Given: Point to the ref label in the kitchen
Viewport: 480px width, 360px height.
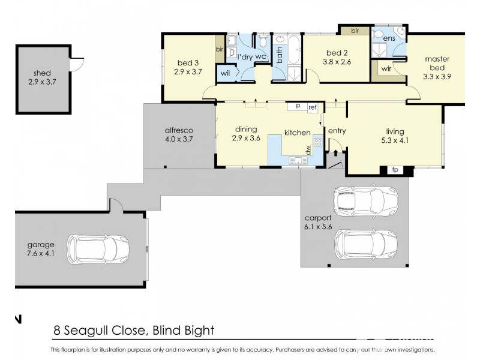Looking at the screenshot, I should [x=312, y=107].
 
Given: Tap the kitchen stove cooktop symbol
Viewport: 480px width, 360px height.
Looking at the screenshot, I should [x=318, y=143].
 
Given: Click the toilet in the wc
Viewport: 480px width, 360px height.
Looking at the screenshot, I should [x=263, y=41].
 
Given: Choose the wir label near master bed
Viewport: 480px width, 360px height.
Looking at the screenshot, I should [x=386, y=69].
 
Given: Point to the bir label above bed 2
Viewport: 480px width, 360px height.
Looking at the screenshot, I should [x=355, y=29].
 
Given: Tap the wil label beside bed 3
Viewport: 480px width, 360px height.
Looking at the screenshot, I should [x=226, y=73].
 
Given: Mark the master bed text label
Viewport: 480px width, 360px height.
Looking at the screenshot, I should [x=437, y=64].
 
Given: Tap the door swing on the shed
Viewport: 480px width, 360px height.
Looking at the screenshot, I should [x=76, y=64].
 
